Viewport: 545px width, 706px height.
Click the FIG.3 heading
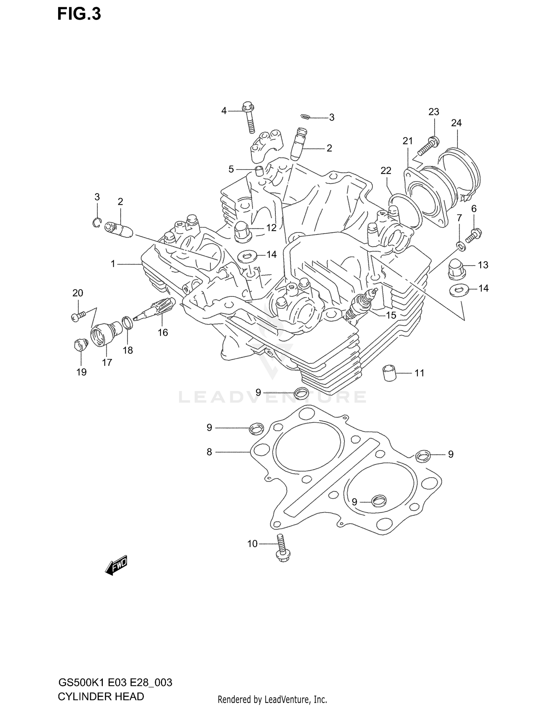(79, 14)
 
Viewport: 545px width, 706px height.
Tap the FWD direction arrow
(116, 565)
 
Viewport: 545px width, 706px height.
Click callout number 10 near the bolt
(252, 554)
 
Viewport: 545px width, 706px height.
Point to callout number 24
(456, 123)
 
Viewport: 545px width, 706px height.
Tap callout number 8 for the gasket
(209, 452)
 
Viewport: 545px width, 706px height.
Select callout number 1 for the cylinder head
(113, 264)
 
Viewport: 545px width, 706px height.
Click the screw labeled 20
(78, 316)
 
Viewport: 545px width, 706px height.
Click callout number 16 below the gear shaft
(163, 332)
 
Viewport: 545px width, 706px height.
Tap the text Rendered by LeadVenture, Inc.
(272, 699)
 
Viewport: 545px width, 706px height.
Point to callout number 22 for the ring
(386, 170)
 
